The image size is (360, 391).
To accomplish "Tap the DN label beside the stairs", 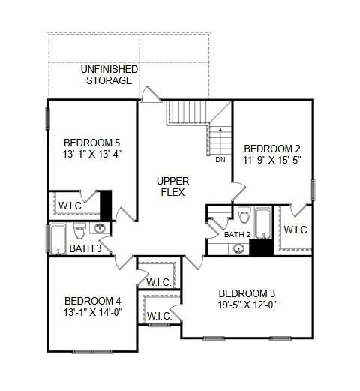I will tap(220, 159).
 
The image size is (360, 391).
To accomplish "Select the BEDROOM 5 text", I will tap(91, 143).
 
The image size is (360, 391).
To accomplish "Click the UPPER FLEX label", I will tap(172, 188).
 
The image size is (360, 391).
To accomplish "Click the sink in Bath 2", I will tap(238, 248).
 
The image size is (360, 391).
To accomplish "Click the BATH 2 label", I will tap(236, 235).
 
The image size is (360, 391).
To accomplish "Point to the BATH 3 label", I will tap(84, 248).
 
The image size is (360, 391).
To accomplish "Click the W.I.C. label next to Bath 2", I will tap(298, 230).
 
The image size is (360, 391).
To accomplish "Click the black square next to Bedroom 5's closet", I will tap(106, 205).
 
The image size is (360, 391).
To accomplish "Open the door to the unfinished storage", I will tap(151, 95).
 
